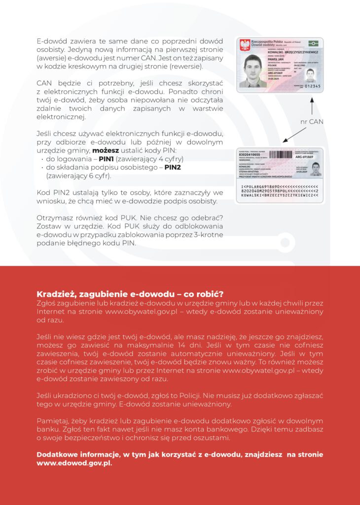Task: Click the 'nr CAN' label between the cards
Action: click(x=312, y=121)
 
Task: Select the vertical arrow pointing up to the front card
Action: click(x=312, y=106)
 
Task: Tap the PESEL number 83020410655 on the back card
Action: click(x=250, y=155)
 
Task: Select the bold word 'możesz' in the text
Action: click(x=107, y=150)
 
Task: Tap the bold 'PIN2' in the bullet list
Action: click(x=173, y=167)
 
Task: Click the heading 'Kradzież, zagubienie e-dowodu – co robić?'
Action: click(x=130, y=294)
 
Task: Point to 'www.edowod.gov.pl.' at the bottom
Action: click(x=74, y=464)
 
